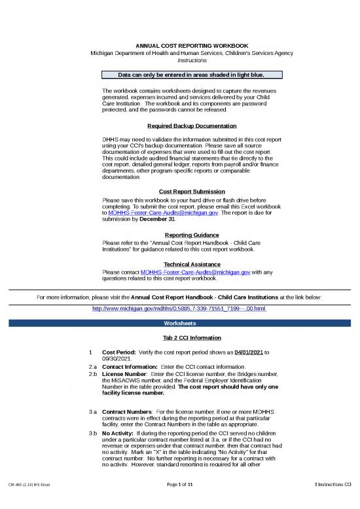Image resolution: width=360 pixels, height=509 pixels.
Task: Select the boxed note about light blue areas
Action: pyautogui.click(x=188, y=75)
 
